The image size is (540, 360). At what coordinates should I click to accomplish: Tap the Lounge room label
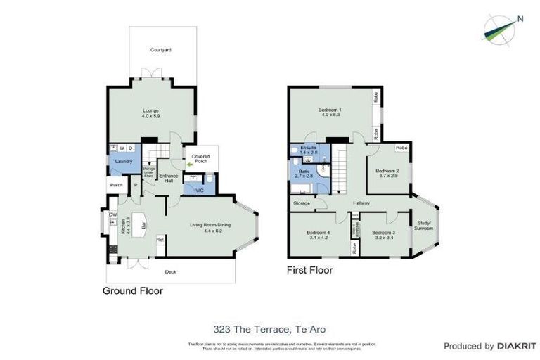coord(151,110)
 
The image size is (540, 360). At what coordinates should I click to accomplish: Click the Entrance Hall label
coord(167,178)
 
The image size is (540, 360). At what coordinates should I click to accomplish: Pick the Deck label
coord(169,271)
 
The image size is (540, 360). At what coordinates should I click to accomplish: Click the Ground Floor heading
coord(133,290)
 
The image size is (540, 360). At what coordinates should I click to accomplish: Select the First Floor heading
coord(309,269)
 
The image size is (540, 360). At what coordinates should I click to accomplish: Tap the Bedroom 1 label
coord(330,110)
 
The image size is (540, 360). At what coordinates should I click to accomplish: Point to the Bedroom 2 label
coord(387,171)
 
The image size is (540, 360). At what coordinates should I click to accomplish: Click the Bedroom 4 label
coord(319,233)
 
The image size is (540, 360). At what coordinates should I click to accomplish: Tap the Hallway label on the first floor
coord(361,203)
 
